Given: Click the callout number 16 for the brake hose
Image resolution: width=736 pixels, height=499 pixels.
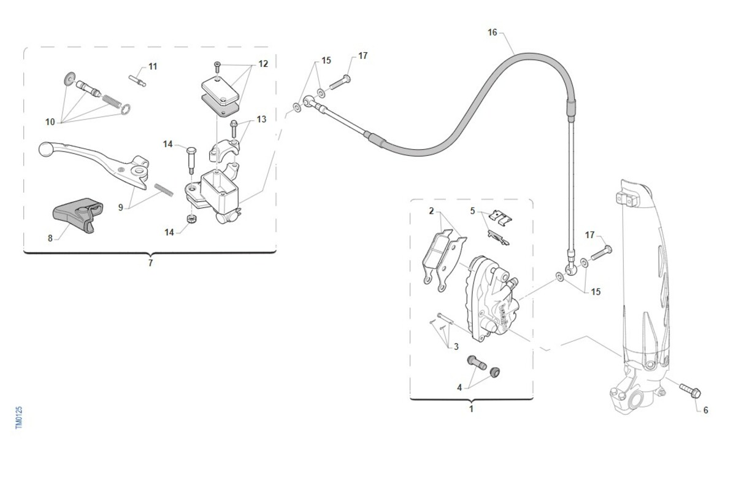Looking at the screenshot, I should pos(493,32).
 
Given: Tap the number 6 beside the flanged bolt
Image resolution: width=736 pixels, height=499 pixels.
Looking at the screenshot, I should pos(705,410).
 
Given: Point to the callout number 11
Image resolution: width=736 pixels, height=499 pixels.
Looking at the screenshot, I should pos(153,66).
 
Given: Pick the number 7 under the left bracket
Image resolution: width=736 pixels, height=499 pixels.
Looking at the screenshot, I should pos(150,263).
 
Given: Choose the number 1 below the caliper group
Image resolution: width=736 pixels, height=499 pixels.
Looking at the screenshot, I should pos(471,409).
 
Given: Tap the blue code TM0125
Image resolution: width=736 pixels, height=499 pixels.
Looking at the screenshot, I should pos(19,417).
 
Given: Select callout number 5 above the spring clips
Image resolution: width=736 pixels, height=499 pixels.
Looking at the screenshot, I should pos(472,211).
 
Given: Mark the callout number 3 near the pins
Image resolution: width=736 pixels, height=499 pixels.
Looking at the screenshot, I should pos(456,347).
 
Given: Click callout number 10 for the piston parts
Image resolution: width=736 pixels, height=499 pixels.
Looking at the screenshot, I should pos(50,122).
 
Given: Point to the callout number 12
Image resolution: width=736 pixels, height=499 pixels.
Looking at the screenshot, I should pos(263,63).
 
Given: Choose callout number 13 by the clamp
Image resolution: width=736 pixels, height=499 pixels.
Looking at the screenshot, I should pos(262,119).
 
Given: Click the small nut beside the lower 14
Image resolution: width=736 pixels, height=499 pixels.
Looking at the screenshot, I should pos(191,219).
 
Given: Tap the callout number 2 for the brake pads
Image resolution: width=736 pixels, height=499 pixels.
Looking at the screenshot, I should pos(431,211).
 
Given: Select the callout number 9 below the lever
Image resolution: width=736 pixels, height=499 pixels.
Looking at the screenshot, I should pos(121,207).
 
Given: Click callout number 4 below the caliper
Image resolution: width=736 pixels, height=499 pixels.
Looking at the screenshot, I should pos(459,387).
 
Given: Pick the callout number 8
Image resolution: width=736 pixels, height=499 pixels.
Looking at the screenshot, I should pos(50,238).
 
